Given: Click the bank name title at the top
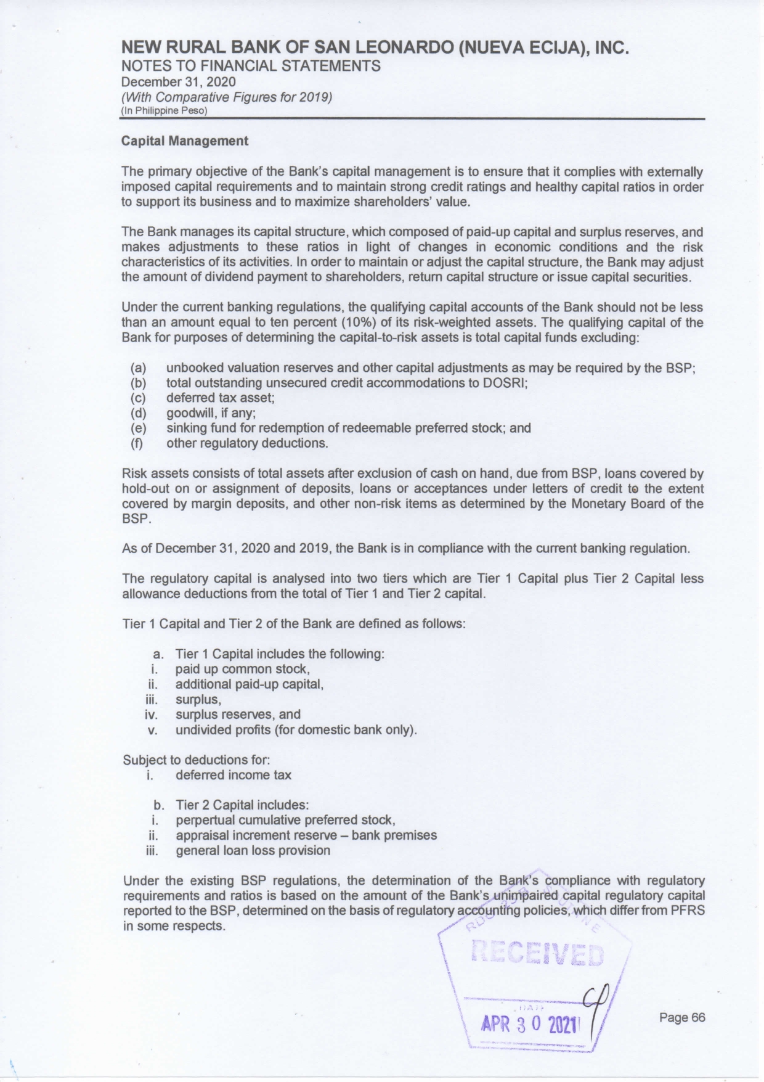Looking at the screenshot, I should (375, 48).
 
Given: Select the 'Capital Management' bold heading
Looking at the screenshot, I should (185, 141).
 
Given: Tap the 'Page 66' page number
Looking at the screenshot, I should (682, 1017).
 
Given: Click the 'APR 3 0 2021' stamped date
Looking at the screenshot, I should (530, 1024).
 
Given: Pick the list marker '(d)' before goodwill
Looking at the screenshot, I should (139, 413).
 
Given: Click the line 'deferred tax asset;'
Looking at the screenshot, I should (220, 398).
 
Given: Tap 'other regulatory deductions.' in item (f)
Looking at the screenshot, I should (247, 443).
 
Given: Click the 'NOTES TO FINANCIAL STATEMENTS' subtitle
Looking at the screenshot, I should (251, 66).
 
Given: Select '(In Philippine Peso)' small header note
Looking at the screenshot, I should (164, 111).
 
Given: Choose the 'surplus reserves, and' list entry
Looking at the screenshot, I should (238, 715).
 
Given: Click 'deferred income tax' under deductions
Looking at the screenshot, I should (233, 775).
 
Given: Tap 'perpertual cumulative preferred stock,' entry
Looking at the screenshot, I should (285, 821).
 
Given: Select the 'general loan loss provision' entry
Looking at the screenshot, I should (253, 851).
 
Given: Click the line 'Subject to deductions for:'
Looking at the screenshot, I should (197, 760).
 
